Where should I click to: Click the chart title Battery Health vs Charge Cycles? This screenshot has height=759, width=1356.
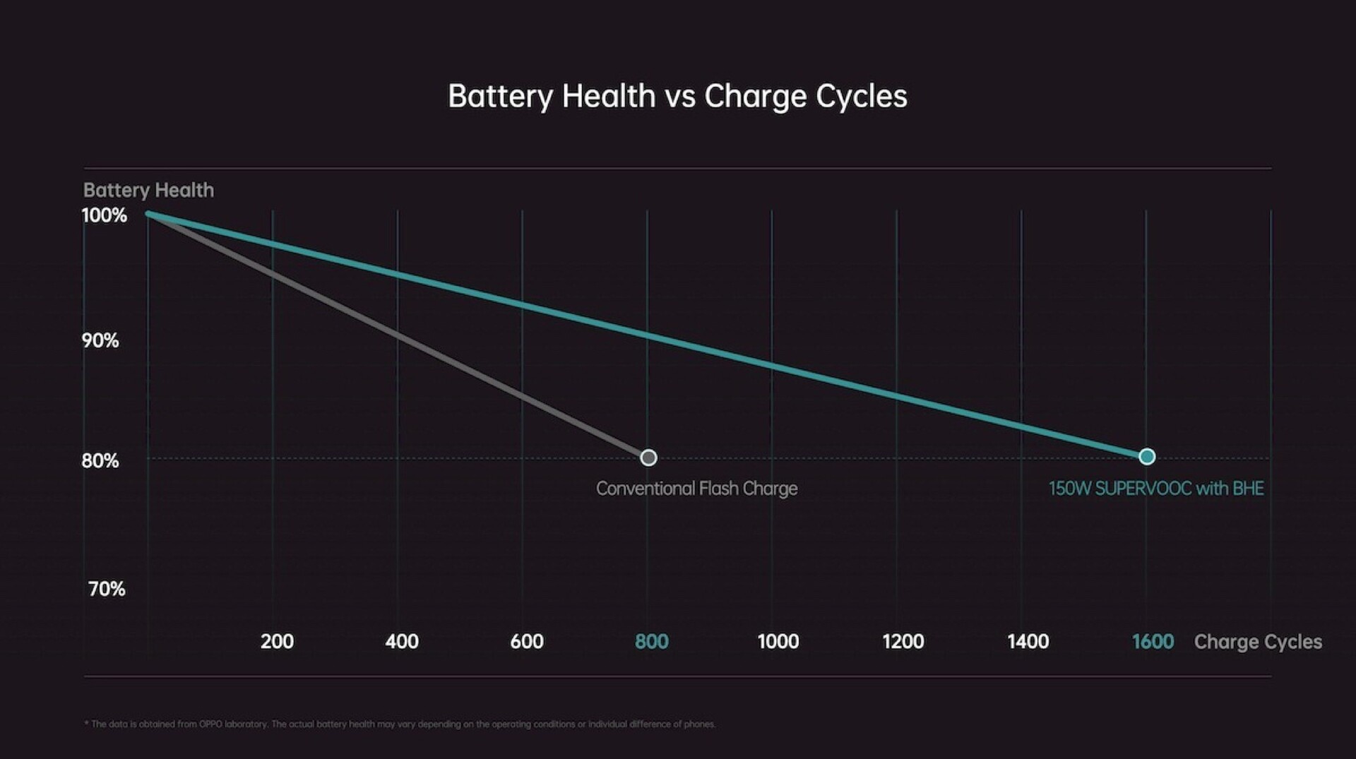tap(677, 96)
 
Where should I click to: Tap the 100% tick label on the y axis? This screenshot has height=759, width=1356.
tap(105, 215)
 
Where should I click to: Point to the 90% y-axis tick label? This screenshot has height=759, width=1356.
tap(100, 340)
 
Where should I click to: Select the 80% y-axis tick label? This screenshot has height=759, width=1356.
tap(100, 461)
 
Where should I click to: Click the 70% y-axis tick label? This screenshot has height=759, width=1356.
tap(107, 589)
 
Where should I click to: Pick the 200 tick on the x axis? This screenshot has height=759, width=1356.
tap(277, 642)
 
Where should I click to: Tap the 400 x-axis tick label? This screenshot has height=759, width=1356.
tap(402, 642)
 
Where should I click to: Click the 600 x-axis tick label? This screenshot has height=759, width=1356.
tap(527, 642)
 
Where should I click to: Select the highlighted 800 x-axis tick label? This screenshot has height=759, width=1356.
tap(651, 642)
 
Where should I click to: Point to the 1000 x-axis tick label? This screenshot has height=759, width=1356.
tap(778, 642)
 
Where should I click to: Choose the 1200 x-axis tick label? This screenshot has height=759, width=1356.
tap(903, 642)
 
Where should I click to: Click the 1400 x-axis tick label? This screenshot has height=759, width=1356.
tap(1028, 642)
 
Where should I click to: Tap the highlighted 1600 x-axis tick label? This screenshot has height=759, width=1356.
tap(1153, 642)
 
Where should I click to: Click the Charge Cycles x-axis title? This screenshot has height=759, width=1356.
tap(1258, 643)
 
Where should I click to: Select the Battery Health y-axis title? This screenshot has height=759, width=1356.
tap(148, 190)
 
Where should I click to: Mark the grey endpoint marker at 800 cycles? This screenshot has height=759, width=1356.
tap(648, 458)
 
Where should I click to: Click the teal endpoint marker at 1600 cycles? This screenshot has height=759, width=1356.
tap(1147, 457)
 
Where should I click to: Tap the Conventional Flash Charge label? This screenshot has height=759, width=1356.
tap(696, 489)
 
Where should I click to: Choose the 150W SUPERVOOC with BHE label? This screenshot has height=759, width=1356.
tap(1156, 489)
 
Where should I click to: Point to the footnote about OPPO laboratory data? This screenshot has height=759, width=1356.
tap(400, 724)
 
